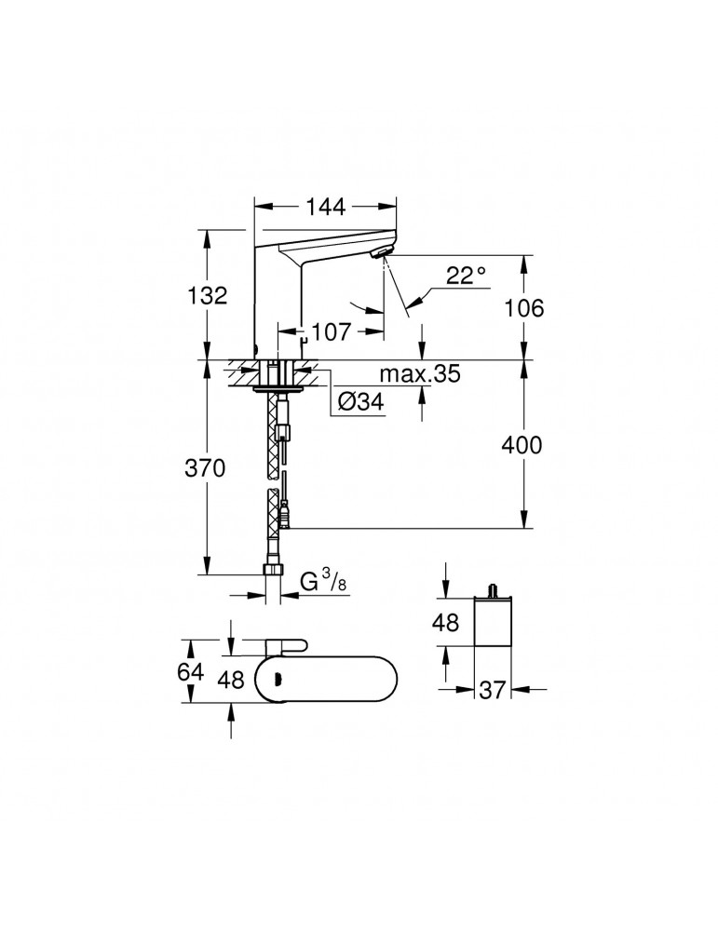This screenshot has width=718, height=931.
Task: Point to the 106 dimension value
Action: (x=523, y=308)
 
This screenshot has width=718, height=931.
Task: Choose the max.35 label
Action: (x=420, y=375)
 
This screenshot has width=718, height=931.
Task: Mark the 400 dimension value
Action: (x=523, y=445)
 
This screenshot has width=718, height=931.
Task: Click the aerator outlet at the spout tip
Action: (x=382, y=253)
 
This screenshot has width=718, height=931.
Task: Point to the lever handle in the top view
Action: (x=289, y=645)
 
